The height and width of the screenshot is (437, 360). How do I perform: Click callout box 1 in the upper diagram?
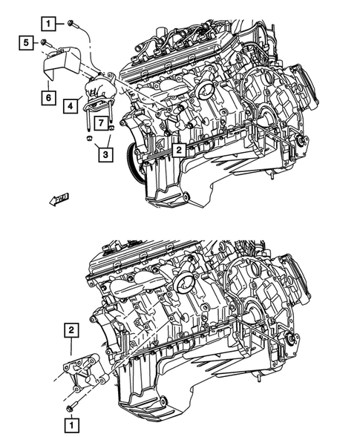coord(48,24)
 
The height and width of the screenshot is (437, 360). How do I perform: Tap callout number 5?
coord(25,44)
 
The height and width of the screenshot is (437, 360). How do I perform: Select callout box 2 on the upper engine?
coord(180,149)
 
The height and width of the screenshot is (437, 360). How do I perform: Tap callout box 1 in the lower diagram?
coord(70,426)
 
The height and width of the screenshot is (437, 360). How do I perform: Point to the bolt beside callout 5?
coord(44,45)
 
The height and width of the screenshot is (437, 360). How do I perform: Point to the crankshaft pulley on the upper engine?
coord(134,159)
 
